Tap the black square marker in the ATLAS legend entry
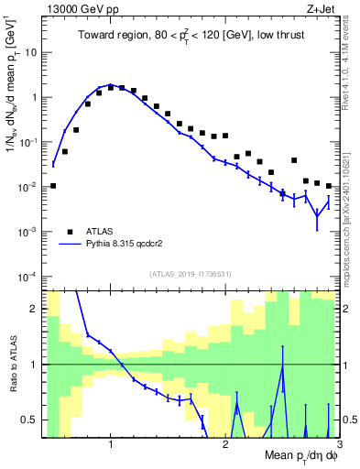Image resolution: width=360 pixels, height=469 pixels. [x=71, y=232]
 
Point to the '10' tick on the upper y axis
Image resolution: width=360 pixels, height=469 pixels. [x=31, y=52]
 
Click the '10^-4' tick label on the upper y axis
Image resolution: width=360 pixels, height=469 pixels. [x=28, y=277]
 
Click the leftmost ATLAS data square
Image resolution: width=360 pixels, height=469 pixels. [x=53, y=186]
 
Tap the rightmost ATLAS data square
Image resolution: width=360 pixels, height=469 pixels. [x=328, y=186]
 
